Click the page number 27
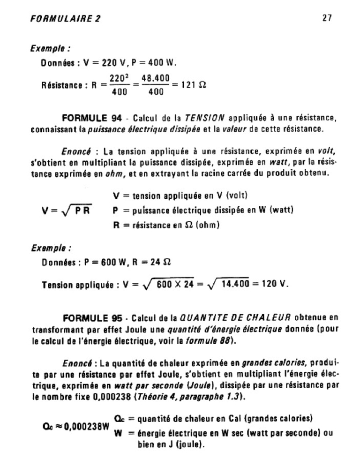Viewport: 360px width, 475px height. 327,18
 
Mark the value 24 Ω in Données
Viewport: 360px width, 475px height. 159,263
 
